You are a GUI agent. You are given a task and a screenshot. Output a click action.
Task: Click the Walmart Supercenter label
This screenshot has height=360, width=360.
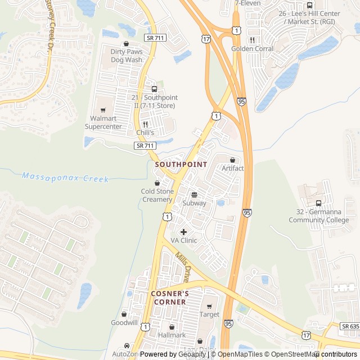point(103,122)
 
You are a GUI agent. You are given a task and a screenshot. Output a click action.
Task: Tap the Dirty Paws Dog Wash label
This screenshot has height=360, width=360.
point(126,55)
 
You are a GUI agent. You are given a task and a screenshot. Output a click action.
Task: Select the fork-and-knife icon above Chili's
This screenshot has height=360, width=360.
point(145,124)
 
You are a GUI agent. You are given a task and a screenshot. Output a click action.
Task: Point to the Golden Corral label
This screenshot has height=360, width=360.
point(252,49)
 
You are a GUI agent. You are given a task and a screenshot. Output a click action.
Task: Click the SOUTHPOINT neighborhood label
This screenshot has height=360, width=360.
point(181,164)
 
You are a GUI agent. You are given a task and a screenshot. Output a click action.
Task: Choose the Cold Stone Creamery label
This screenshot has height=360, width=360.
point(157,195)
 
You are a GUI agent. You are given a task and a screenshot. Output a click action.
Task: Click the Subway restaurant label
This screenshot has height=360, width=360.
point(194,203)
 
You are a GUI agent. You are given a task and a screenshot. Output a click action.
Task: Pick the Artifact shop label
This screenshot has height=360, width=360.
point(232,168)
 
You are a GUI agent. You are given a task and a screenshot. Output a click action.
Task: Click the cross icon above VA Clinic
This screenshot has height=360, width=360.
point(184,232)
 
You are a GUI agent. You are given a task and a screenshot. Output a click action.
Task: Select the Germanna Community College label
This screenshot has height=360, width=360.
point(319,216)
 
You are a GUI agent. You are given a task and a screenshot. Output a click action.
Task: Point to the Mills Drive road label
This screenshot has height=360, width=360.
point(182,267)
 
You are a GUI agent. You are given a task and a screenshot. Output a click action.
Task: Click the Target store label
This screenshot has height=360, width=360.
point(209,314)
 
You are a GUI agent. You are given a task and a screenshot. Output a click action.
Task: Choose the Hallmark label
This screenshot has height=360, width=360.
point(172,335)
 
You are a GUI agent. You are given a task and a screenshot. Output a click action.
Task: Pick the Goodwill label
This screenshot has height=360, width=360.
point(124,323)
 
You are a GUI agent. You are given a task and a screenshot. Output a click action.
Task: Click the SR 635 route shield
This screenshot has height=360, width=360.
point(349,326)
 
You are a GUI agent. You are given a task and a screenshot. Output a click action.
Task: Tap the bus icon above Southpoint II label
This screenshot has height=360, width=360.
point(154,89)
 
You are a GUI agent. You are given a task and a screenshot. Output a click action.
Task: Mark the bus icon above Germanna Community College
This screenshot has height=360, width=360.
point(319,203)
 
